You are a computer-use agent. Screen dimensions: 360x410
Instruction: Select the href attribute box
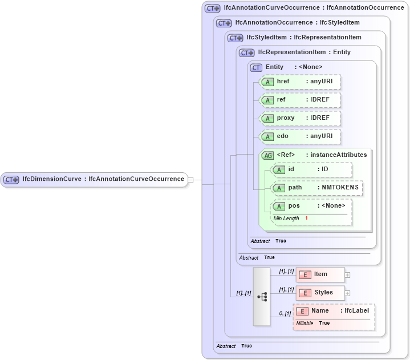300,82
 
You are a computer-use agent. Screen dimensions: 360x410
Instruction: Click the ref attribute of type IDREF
300,100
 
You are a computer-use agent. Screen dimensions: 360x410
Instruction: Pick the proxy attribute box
300,118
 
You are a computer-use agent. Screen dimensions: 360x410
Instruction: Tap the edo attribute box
300,136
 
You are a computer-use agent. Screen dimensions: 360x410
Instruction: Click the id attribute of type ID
311,169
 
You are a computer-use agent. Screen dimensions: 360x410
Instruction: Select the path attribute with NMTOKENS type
316,188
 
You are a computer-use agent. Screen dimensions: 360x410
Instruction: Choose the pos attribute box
311,206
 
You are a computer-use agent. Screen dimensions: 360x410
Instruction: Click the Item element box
320,274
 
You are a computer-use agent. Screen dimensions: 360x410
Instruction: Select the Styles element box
320,293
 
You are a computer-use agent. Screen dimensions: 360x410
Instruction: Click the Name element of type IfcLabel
334,311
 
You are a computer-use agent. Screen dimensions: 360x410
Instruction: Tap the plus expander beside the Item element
347,275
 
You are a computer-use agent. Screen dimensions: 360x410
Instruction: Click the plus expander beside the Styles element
347,293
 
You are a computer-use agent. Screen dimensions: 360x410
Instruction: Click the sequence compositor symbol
262,297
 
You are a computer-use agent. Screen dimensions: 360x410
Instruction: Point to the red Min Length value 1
306,219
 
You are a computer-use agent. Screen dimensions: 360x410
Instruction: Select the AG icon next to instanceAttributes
267,155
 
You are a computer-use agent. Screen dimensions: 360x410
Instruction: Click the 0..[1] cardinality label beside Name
285,313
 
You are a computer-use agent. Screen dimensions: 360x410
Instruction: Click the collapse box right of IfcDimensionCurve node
191,180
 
